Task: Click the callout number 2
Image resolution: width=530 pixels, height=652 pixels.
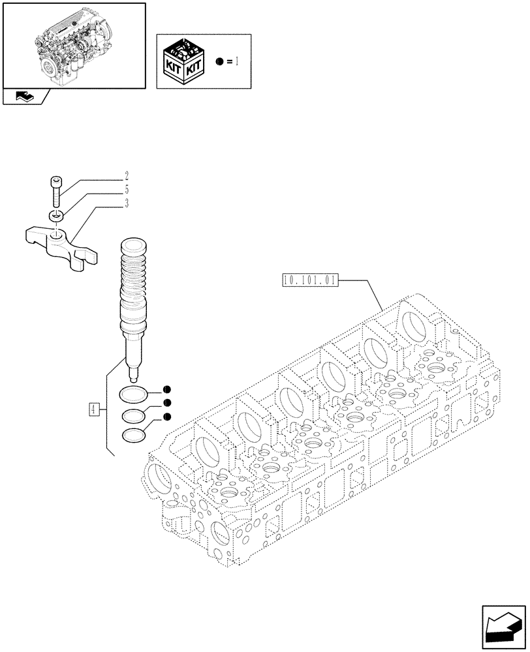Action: (127, 176)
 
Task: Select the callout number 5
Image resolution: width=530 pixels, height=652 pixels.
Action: (127, 190)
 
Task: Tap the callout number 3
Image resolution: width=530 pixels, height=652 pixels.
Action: (127, 203)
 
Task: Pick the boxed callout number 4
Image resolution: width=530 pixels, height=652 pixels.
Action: (95, 409)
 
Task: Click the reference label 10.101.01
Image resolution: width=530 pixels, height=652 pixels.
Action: (309, 281)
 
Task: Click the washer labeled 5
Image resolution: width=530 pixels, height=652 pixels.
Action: (55, 216)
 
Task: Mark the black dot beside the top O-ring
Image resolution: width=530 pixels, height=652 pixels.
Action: (168, 390)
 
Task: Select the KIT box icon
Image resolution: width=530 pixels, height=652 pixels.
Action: (185, 62)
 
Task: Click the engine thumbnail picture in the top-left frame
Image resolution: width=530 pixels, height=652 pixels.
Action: (74, 44)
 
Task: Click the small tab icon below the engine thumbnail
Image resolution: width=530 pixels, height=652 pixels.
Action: (25, 97)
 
